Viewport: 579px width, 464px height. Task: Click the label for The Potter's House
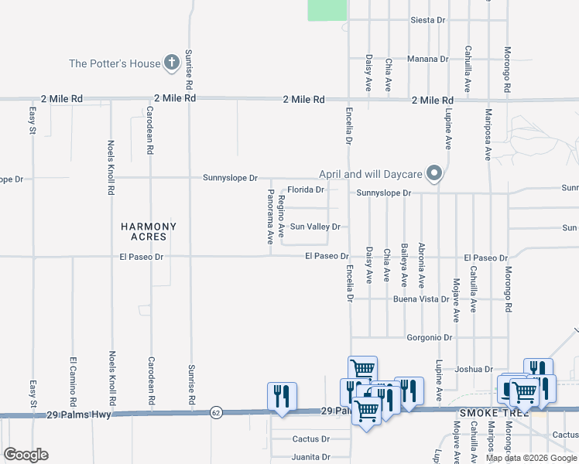(115, 63)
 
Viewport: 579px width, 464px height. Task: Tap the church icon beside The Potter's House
(171, 63)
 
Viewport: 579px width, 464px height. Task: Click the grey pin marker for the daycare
(435, 174)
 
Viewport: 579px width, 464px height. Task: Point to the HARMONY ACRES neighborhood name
(149, 232)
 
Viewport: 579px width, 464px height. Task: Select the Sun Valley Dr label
(315, 227)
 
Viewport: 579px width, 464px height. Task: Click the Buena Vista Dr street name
(421, 299)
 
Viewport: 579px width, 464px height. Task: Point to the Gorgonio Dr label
(430, 337)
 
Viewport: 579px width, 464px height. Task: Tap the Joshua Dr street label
(474, 369)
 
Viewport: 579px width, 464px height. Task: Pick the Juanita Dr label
(311, 457)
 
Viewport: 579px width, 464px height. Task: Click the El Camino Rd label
(72, 382)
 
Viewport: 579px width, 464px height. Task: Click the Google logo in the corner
(26, 455)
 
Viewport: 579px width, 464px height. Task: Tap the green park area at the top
(327, 9)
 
